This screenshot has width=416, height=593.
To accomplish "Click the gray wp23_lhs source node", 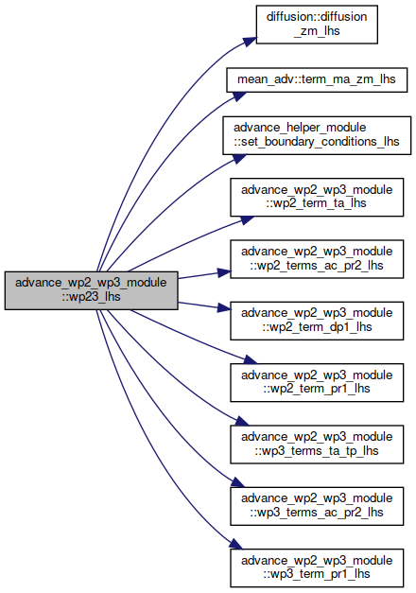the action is coord(91,290).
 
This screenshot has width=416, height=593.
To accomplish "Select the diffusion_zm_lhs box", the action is coord(317,25).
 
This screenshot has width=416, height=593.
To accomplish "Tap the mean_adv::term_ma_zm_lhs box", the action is coord(317,79).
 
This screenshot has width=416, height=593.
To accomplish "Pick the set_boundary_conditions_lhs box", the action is coord(317,135).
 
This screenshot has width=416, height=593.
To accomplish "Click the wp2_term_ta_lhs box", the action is coord(317,197).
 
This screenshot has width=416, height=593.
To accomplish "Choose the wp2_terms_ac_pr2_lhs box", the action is coord(317,259).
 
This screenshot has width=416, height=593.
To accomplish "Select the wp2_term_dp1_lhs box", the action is coord(317,321).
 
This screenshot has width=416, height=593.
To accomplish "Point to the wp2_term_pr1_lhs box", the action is coord(317,382).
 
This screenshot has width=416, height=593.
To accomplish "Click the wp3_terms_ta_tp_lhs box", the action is coord(317,445).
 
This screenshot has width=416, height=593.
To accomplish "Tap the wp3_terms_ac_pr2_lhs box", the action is coord(317,506).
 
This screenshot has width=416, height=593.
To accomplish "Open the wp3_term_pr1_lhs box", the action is coord(317,567).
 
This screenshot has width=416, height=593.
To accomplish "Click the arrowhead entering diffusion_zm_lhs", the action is coord(250,42).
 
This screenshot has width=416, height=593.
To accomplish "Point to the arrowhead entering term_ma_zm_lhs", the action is coord(239,96).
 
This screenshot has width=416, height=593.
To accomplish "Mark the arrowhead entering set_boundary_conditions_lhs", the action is coord(239,159).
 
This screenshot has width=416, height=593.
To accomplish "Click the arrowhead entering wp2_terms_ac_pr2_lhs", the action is coord(224,272).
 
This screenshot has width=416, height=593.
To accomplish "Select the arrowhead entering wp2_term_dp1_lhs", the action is coord(224,307).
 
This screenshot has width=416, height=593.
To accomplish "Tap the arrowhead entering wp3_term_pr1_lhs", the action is coord(236,544).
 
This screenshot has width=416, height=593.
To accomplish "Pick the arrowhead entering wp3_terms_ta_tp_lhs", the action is coord(243,421).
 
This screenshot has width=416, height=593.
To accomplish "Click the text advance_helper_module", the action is coord(300,128).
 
